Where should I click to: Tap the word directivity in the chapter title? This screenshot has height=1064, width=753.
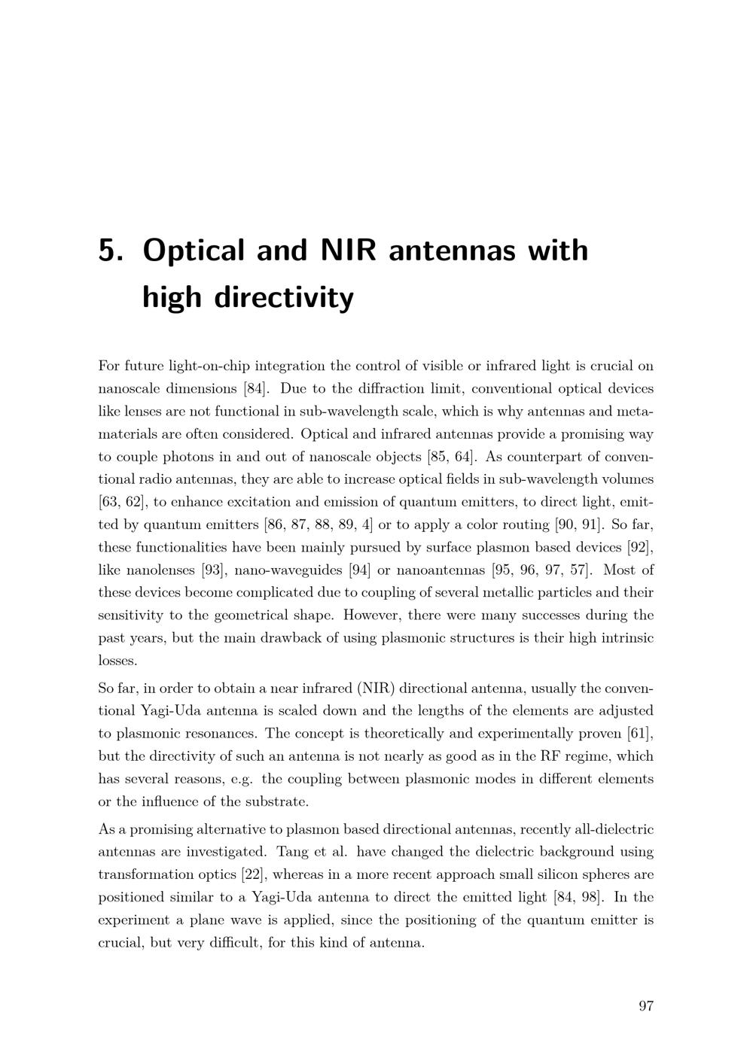point(284,298)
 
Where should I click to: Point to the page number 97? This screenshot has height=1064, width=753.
point(645,1006)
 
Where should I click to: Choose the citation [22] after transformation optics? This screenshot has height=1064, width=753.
point(256,874)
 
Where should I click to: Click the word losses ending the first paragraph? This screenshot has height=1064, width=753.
point(117,661)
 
